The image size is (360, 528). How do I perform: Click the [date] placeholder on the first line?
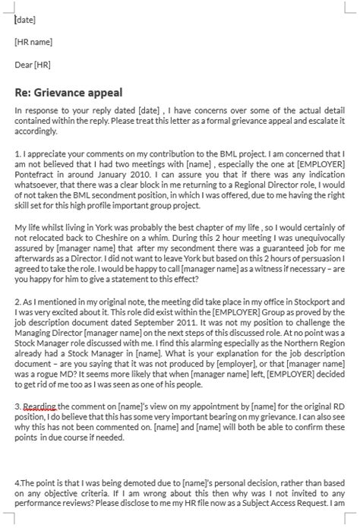pyautogui.click(x=25, y=20)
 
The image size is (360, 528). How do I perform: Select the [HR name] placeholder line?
pyautogui.click(x=33, y=42)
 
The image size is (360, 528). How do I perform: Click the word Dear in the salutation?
pyautogui.click(x=24, y=65)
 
